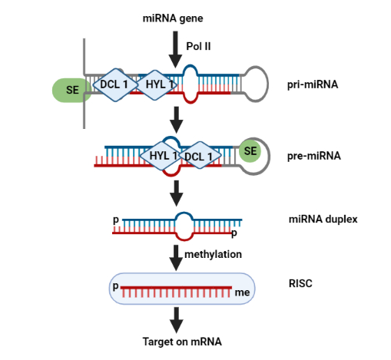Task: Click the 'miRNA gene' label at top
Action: click(173, 18)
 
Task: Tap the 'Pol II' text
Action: click(198, 46)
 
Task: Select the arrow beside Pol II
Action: click(175, 50)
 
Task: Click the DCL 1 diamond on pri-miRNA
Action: click(114, 84)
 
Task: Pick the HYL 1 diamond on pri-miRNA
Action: click(156, 84)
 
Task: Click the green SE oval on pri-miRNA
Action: click(71, 90)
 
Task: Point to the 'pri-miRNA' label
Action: click(313, 84)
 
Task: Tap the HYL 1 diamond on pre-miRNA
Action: click(161, 156)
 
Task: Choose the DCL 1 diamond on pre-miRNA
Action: click(200, 156)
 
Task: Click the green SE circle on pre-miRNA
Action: click(250, 151)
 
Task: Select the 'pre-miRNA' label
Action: click(314, 156)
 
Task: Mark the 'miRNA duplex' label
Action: click(323, 220)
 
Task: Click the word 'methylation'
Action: click(214, 254)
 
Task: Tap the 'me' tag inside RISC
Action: click(242, 292)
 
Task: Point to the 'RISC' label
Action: click(300, 283)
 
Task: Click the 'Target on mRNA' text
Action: click(182, 342)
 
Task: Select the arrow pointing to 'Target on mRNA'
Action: click(176, 320)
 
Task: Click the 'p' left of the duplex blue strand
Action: click(116, 220)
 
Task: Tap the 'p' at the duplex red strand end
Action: click(234, 233)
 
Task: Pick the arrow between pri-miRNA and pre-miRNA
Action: click(176, 120)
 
